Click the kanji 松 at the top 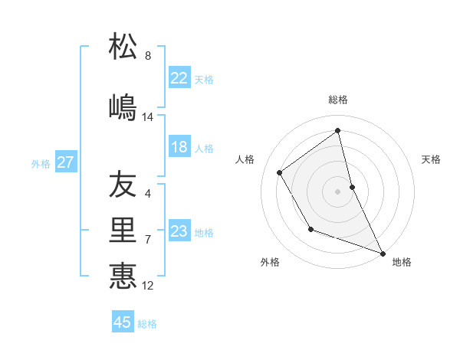(123, 47)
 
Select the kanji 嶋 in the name (123, 106)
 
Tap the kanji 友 (123, 186)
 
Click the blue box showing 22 (179, 78)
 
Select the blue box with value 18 (179, 147)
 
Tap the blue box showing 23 (179, 231)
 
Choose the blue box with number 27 (65, 162)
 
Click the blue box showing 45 (123, 322)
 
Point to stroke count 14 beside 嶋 (148, 117)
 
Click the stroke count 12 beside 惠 (148, 286)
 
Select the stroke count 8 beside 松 (148, 56)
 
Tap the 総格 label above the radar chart (338, 100)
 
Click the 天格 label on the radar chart (431, 159)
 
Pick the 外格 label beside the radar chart (270, 262)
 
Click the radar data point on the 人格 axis (280, 172)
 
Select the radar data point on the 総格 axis (338, 131)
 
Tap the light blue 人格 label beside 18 (204, 148)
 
